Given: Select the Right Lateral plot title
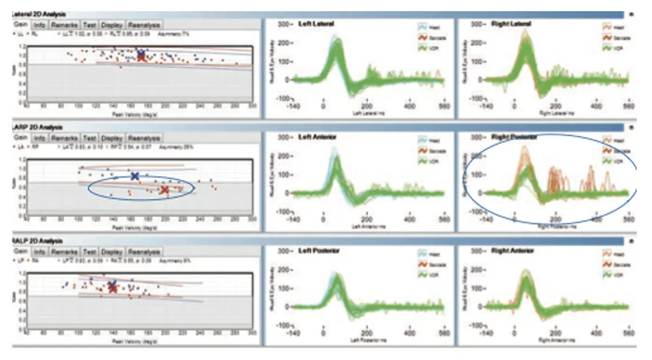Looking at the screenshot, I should pos(511,24).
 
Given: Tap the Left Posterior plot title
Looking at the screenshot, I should pos(319,251).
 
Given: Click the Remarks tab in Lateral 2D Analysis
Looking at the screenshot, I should pos(65,25).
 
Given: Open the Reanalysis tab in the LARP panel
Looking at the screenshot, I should pos(143,138).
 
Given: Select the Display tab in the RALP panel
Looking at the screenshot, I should pos(111,252).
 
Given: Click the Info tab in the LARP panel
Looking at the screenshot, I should pos(40,138).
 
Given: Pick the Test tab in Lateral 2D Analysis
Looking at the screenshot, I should pos(90,25).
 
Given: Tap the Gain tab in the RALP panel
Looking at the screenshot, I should pos(21,252).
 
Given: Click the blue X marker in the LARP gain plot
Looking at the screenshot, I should pos(135,176).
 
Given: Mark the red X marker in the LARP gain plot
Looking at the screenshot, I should pos(165,190).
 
